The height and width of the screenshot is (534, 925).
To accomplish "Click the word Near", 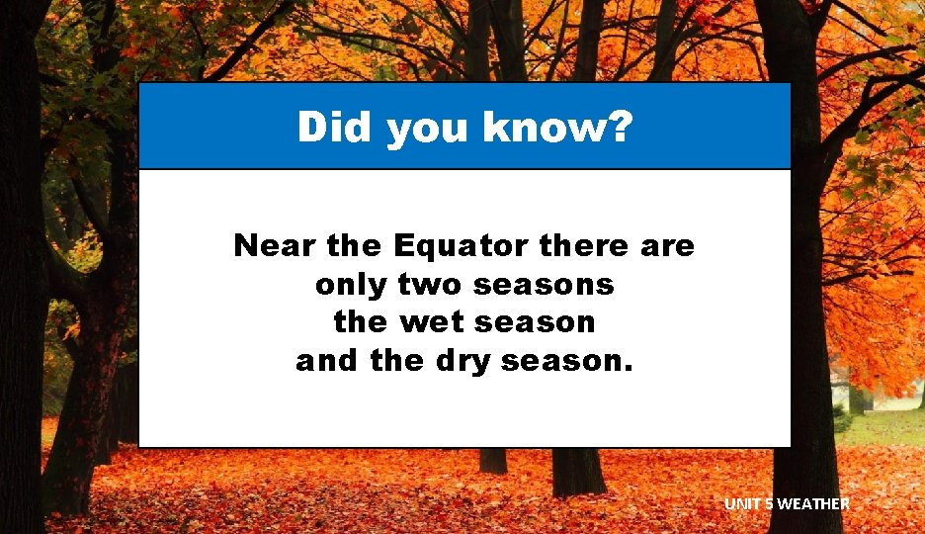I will point(269,245).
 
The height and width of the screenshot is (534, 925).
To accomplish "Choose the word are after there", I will point(667,247).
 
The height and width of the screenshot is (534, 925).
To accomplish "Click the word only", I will point(351,285).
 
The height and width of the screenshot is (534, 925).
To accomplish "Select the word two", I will point(431,285).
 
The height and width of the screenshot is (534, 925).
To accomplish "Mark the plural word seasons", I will point(544,286).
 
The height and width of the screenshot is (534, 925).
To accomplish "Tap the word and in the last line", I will point(328,362).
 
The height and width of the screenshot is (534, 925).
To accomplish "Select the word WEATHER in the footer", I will point(813,504).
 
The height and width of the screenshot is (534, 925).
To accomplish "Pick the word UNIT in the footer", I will point(742,504).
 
